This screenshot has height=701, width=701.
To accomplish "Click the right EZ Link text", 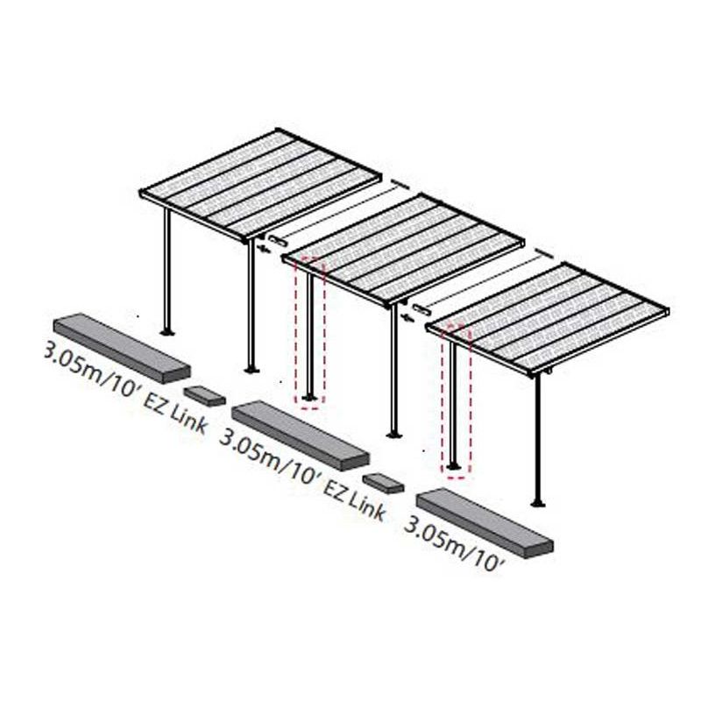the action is pos(353,501).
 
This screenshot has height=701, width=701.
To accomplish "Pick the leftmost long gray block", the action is pos(122,348).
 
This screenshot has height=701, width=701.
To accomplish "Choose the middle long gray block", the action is pos(301,435).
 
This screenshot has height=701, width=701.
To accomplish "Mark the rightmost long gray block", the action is pos(485,523).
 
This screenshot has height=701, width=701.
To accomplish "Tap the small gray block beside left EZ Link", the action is pos(205,396).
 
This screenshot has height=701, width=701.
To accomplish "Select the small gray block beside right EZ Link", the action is pos(383,484).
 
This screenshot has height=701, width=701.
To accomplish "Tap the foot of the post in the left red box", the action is pos(309,398).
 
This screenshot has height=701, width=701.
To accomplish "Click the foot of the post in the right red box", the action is pos(453,467).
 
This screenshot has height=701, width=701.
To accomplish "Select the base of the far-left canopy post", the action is pos(167,332).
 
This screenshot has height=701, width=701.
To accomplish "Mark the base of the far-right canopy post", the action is pos(538,505).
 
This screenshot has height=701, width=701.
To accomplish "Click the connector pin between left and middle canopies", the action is pos(279,239).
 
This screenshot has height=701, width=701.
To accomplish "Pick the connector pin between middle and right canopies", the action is pos(422,309).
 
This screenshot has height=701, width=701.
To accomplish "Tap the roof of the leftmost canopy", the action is pos(261,185).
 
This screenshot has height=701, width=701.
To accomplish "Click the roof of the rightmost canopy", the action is pos(548,319).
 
